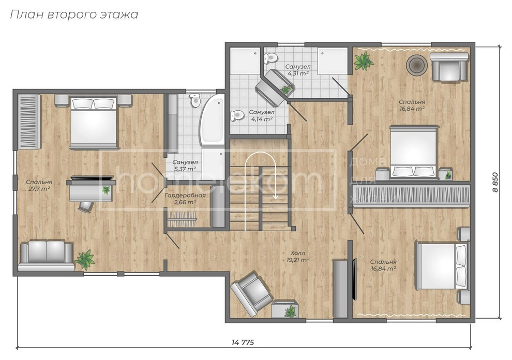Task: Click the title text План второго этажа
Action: tap(74, 14)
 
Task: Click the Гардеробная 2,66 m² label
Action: tap(185, 199)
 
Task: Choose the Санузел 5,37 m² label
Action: tap(185, 166)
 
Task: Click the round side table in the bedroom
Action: tap(416, 65)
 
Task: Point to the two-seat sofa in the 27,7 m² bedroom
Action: tap(47, 254)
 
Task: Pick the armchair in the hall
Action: tap(251, 293)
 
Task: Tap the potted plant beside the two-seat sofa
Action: tap(84, 259)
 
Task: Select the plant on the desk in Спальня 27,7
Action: tap(106, 190)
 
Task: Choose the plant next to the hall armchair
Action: tap(290, 310)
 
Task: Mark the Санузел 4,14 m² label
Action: tap(261, 115)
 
